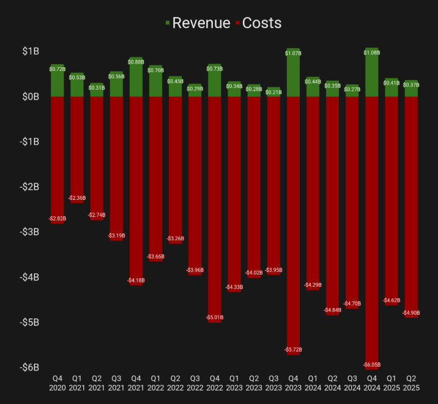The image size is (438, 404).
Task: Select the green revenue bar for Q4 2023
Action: click(293, 72)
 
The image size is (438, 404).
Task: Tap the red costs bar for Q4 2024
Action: click(372, 232)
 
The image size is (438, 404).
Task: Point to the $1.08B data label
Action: click(372, 53)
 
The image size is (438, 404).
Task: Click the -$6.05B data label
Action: click(372, 365)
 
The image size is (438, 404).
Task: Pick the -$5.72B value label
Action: click(293, 350)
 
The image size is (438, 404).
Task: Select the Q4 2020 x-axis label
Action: click(58, 384)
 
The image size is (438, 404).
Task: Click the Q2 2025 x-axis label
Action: click(411, 384)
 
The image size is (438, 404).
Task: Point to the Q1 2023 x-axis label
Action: click(234, 384)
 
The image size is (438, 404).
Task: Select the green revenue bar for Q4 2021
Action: click(136, 77)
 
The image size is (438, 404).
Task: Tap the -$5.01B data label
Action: click(215, 318)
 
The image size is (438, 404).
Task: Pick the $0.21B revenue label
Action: click(273, 92)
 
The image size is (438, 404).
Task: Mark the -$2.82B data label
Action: click(58, 218)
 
